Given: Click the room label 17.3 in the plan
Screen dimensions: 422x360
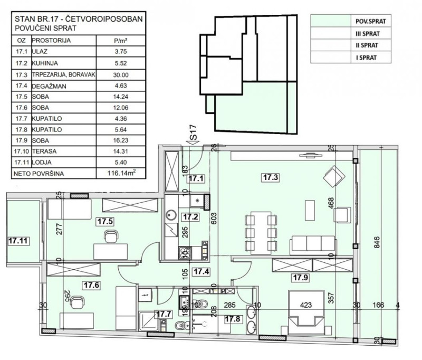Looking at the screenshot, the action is point(271,177).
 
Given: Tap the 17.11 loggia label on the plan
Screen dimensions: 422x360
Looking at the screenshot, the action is point(18,241).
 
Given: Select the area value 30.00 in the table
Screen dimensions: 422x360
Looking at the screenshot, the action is point(121,75).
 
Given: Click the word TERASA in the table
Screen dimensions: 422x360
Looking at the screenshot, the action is point(44,151).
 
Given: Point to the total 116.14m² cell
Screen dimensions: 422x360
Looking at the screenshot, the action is point(121,173).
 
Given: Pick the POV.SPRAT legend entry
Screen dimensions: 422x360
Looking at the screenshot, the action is point(371,21).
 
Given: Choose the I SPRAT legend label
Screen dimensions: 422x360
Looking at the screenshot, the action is point(366,58).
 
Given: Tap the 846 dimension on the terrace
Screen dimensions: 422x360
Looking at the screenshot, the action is point(377,242).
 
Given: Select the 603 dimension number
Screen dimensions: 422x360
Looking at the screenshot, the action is point(214,218).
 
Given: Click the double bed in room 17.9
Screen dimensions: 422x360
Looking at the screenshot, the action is point(306,309).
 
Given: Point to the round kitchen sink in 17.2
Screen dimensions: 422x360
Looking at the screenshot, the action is point(170,215).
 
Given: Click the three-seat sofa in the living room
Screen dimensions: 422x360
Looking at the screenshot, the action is point(313,245).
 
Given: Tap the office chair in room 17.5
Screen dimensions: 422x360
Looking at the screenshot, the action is point(111,236).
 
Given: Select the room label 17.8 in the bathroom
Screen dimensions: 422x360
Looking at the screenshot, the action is point(233,319).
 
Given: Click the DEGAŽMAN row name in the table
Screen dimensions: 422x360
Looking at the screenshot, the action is point(49,86).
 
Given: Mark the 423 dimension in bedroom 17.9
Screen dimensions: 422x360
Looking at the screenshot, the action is point(306,305).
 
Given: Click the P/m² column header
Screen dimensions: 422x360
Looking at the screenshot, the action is point(121,41).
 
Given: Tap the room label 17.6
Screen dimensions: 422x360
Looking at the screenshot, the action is point(91,285).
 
